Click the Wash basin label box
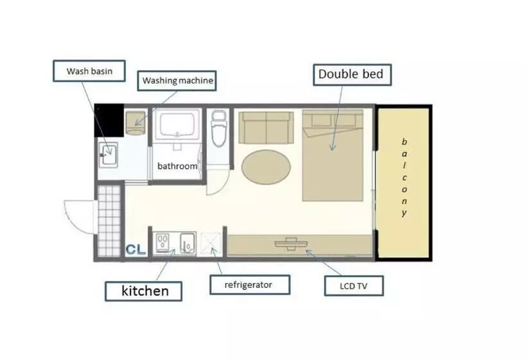(89, 71)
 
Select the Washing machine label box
(177, 80)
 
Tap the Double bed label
(352, 75)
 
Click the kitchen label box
(143, 291)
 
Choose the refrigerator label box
(250, 285)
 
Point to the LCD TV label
(353, 286)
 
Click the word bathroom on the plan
(177, 166)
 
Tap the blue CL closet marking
(136, 249)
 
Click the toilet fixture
(219, 128)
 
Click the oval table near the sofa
(266, 167)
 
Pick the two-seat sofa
(266, 128)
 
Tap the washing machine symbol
(136, 123)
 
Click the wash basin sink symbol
(108, 155)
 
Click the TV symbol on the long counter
(290, 244)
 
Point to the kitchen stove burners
(163, 243)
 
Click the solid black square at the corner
(109, 120)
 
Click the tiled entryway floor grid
(109, 221)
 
